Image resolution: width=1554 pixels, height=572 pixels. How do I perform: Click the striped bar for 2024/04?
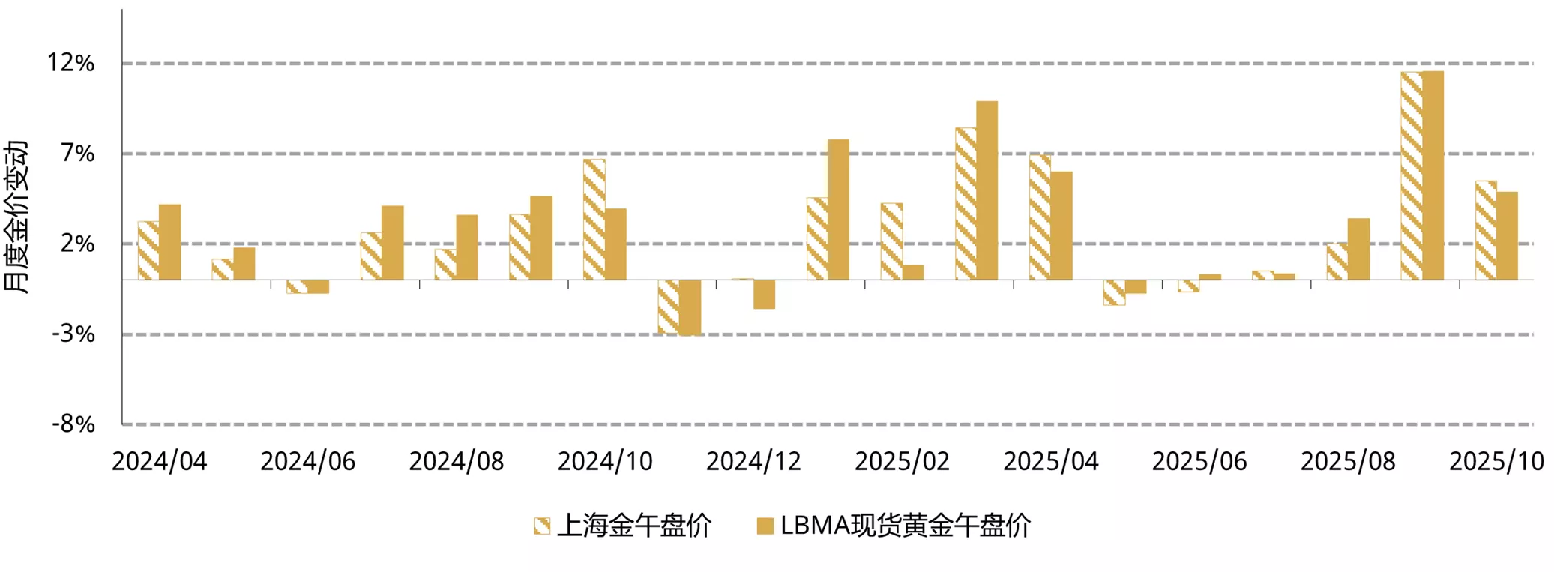point(148,250)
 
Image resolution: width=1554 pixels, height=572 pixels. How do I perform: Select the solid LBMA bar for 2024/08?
point(467,247)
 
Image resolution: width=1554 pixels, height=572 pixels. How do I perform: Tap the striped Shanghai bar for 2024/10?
point(594,219)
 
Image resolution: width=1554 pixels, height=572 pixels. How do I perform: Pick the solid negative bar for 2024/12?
point(764,294)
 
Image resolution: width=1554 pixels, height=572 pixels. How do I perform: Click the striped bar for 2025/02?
point(891,241)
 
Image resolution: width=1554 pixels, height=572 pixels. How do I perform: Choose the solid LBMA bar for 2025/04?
point(1061,226)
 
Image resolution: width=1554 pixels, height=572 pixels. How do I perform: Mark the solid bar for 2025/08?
point(1358,249)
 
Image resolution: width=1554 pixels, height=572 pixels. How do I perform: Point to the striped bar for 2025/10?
point(1486,230)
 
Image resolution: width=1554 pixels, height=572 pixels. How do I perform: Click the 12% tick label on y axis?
point(71,63)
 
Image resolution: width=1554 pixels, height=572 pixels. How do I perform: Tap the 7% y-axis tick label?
point(78,154)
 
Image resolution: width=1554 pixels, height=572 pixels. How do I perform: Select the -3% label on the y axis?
point(73,334)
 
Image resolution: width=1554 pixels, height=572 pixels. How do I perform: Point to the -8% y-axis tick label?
point(73,424)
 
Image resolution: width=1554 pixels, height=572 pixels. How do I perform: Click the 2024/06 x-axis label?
point(308,461)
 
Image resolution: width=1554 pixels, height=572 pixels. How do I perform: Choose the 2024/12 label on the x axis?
point(753,461)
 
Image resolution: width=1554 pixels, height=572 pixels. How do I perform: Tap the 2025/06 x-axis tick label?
point(1199,461)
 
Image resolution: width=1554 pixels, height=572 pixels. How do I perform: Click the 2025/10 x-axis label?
point(1496,461)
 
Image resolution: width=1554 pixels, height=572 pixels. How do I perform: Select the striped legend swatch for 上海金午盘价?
point(542,526)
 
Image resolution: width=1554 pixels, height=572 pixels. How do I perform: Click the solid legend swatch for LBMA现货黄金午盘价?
point(765,526)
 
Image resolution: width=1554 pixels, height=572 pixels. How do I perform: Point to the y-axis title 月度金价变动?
point(16,217)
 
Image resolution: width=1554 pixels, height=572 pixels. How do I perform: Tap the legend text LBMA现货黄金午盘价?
point(906,526)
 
